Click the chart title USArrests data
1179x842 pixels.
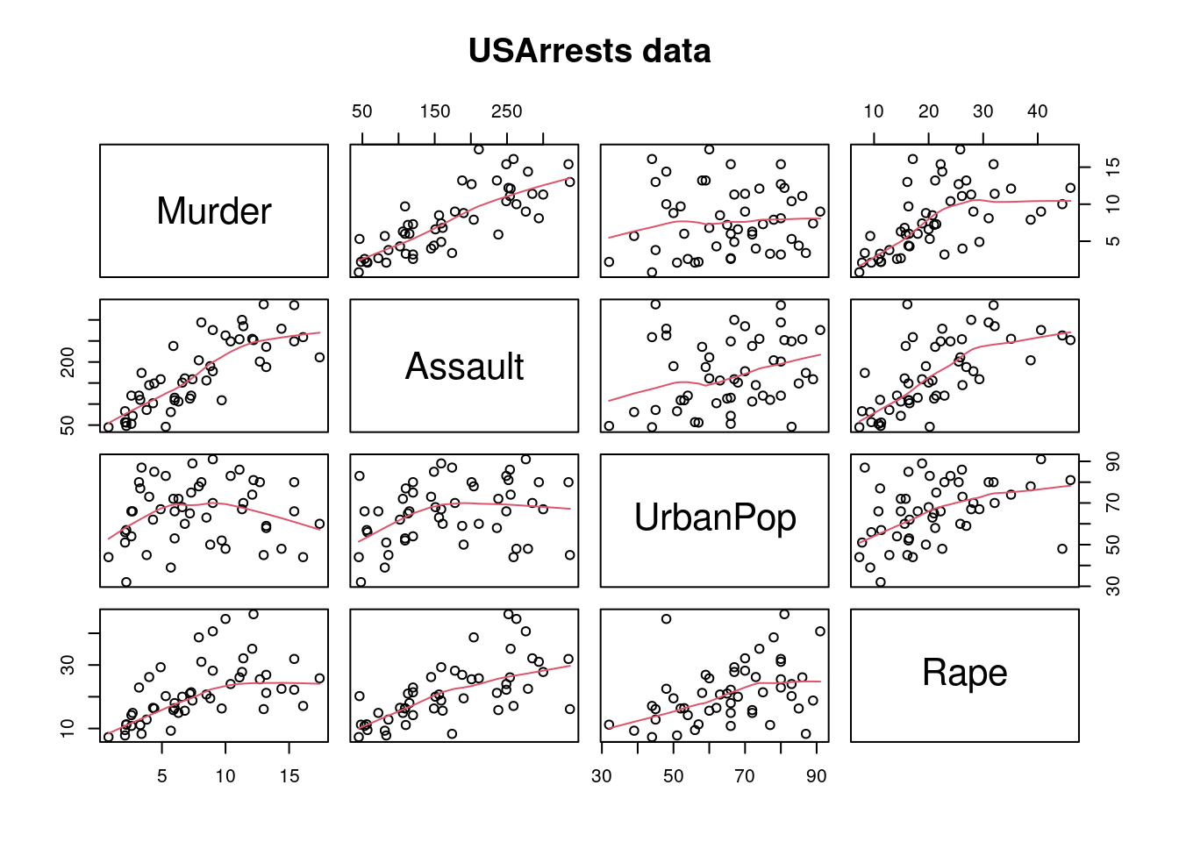coord(589,51)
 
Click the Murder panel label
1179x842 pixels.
coord(214,211)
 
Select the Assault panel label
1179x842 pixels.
coord(464,367)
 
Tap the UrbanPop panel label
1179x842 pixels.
coord(715,517)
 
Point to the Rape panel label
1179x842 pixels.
coord(964,673)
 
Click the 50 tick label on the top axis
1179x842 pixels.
coord(361,111)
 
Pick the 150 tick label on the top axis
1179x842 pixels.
coord(434,111)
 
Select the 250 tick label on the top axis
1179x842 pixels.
coord(506,111)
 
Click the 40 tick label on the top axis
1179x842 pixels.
coord(1038,111)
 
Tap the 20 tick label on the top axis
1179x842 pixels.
coord(928,111)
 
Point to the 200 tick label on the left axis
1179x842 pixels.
coord(68,361)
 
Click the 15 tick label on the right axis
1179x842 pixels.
coord(1113,168)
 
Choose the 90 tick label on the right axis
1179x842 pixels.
coord(1113,460)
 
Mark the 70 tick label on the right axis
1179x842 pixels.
coord(1113,503)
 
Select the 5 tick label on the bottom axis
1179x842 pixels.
coord(162,776)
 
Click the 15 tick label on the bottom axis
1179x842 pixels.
coord(289,776)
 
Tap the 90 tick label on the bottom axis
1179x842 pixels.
coord(817,776)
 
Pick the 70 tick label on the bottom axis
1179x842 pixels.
coord(745,776)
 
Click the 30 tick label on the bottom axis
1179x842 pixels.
coord(602,776)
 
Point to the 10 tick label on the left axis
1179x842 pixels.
coord(68,728)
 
